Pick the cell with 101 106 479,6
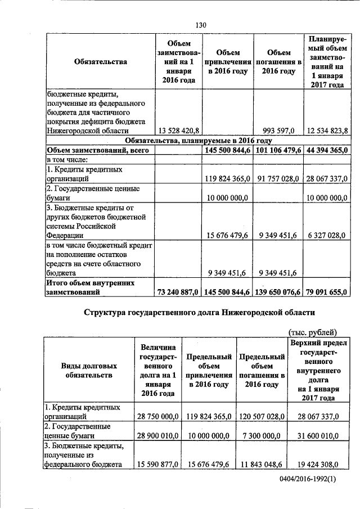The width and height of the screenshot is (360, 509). (279, 150)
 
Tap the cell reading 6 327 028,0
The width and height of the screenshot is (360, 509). (330, 236)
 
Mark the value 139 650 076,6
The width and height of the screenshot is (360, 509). (279, 292)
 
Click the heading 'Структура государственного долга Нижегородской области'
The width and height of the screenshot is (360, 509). (199, 312)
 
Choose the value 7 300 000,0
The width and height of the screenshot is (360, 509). (261, 436)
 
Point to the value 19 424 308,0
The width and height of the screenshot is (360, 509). (315, 465)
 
